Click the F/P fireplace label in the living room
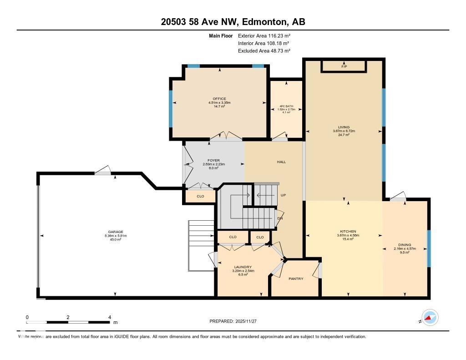tap(344, 67)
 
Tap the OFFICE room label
tap(219, 99)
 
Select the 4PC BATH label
tap(287, 106)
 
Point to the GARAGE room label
tap(116, 232)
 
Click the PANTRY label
tap(296, 279)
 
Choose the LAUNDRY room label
tap(243, 267)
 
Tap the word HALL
tap(281, 162)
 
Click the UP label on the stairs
tap(283, 195)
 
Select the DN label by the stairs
tap(280, 218)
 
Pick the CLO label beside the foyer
tap(200, 196)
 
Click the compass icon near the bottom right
tap(429, 317)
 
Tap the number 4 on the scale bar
tap(109, 317)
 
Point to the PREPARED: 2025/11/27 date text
tap(233, 321)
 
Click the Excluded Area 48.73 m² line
tap(264, 51)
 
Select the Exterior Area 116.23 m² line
tap(264, 35)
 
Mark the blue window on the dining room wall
tap(429, 248)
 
